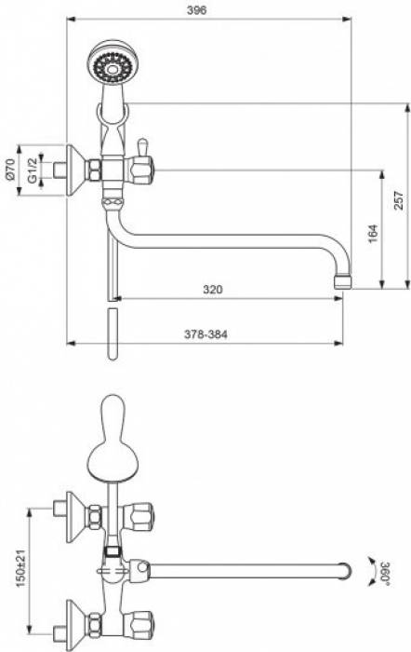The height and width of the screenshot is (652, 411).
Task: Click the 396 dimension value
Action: pos(196,10)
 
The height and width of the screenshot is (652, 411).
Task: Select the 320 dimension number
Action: pos(213,289)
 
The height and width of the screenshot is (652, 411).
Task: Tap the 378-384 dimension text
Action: pos(205,334)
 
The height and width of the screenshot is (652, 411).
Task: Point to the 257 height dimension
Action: pos(398,200)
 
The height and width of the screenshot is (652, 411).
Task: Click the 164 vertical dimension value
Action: pos(372,234)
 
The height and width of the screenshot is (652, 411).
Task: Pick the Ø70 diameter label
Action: pos(10,170)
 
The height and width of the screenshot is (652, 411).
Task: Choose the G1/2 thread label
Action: pos(33,170)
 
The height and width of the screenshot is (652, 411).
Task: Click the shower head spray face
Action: pos(113,67)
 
